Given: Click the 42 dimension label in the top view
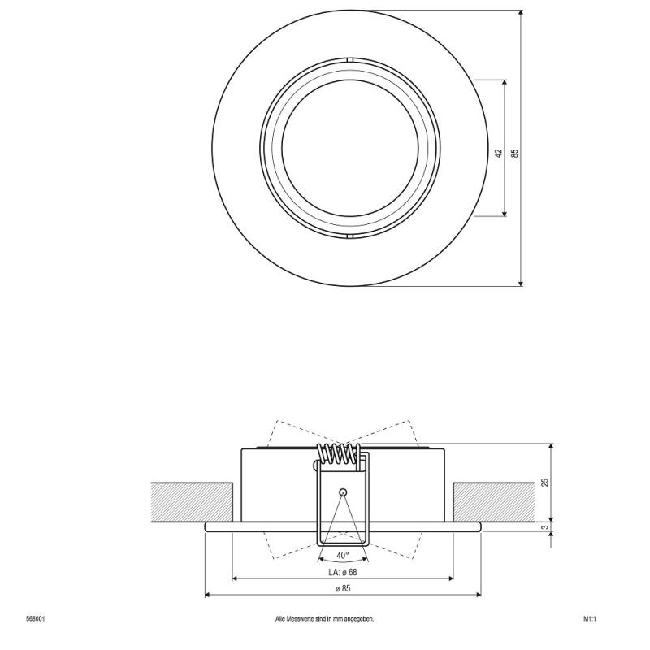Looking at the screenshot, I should tap(498, 153).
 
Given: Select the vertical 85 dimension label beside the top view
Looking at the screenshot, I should tap(514, 153).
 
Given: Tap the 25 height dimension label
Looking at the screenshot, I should tap(545, 482).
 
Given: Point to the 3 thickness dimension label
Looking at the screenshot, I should tap(545, 527).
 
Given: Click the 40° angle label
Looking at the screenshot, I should tap(342, 555).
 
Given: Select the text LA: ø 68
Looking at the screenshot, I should tap(342, 572).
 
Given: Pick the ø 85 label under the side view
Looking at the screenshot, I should tap(342, 587).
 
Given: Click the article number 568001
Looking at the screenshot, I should tap(35, 618).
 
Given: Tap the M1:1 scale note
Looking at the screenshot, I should tap(590, 618).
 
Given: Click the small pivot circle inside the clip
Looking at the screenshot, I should tap(343, 492).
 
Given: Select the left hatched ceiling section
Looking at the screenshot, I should tap(192, 502).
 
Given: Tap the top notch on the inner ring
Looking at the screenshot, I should tap(349, 61).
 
